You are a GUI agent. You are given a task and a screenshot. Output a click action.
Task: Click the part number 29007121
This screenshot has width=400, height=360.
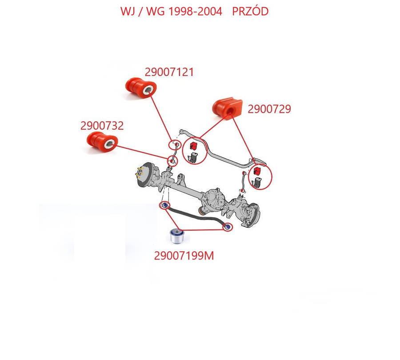pos(169,72)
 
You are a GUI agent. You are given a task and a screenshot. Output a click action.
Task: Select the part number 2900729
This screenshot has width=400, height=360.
pos(269,109)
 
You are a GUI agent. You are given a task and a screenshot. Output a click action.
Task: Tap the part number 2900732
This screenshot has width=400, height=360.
pos(102,126)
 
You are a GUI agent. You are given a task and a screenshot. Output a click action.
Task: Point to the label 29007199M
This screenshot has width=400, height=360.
pos(184,256)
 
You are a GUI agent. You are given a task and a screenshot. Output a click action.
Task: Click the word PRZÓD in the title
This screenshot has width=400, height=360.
pos(251,11)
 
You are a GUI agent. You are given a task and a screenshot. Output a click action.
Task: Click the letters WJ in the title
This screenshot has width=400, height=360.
pos(128,11)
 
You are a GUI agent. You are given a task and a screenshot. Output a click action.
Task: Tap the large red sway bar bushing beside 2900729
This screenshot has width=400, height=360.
pos(226,107)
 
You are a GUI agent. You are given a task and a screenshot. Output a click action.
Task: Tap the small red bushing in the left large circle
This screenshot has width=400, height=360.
pos(193,146)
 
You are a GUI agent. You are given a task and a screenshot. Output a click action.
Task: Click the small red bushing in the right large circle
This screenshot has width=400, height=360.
pos(256,172)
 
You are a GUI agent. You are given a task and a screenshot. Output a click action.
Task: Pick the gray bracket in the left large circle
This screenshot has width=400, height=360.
pos(193,157)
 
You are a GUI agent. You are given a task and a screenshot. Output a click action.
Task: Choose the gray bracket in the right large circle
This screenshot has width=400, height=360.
pos(258,182)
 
